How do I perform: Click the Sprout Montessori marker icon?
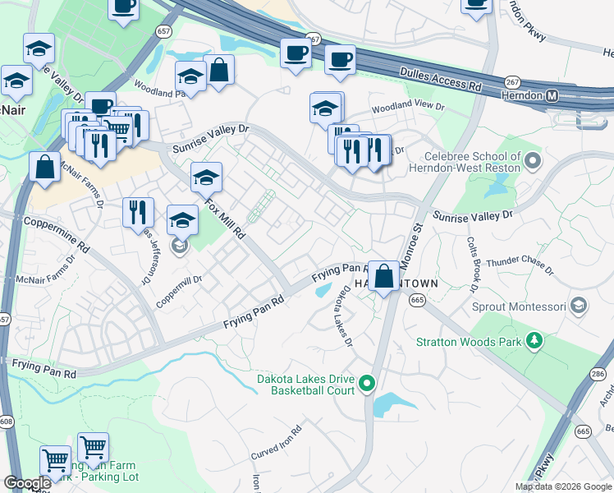click(579, 306)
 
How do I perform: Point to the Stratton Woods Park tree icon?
click(534, 340)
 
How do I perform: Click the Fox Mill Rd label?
click(225, 218)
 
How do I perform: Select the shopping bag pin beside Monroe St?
click(383, 276)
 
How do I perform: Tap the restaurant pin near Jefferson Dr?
click(138, 213)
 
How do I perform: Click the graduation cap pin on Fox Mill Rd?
click(207, 177)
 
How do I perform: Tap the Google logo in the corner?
click(27, 483)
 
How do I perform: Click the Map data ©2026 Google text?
click(562, 486)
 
